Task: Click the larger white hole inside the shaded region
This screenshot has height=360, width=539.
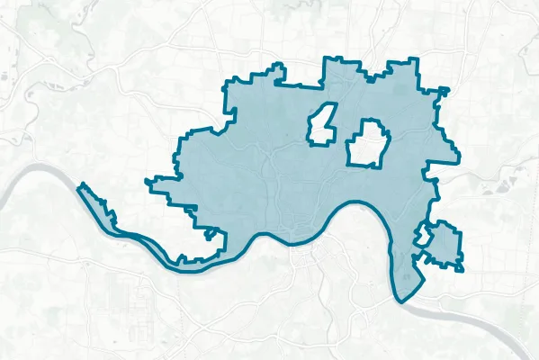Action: pyautogui.click(x=367, y=143)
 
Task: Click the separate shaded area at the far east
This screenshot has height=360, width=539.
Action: pyautogui.click(x=444, y=244)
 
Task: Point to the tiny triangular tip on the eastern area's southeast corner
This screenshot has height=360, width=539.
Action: pyautogui.click(x=461, y=268)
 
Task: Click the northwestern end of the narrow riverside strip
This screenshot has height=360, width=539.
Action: pyautogui.click(x=81, y=186)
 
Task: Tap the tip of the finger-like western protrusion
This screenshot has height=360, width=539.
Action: pyautogui.click(x=148, y=182)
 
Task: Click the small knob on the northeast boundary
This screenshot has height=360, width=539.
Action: pyautogui.click(x=443, y=89)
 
